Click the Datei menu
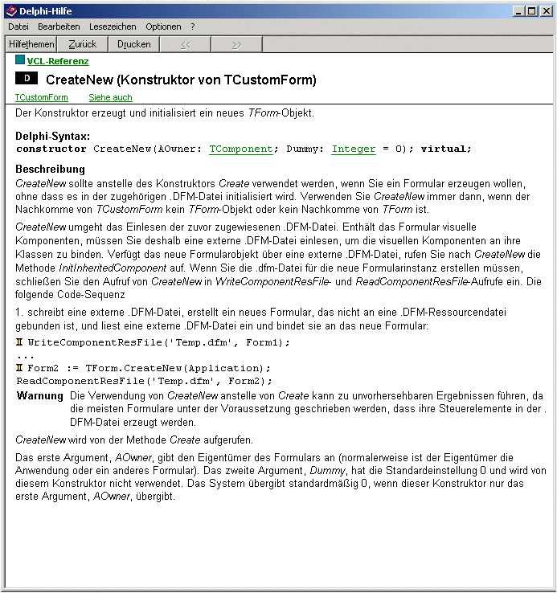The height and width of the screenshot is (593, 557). coord(18,27)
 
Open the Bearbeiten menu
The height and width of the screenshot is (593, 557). coord(59,27)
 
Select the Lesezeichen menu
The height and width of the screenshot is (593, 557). coord(113,27)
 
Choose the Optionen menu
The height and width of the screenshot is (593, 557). coord(163,27)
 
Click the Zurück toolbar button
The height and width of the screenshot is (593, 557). coord(82,44)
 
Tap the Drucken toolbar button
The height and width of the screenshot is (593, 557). coord(133,44)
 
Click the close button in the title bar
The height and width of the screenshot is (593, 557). coord(546,11)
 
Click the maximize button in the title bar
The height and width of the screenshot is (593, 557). coord(531,11)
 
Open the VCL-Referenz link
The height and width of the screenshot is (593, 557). coord(58,61)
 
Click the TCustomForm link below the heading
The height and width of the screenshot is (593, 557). coord(42,97)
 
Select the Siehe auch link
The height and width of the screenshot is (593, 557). coord(110,97)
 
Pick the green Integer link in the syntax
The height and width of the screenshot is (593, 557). coord(354,149)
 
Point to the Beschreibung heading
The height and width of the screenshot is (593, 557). coord(51,170)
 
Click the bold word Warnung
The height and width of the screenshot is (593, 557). coord(40,396)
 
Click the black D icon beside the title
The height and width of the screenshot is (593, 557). coord(27,79)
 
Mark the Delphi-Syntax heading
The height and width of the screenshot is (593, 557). coord(53,137)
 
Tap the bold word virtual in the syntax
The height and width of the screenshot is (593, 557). coord(445,149)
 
